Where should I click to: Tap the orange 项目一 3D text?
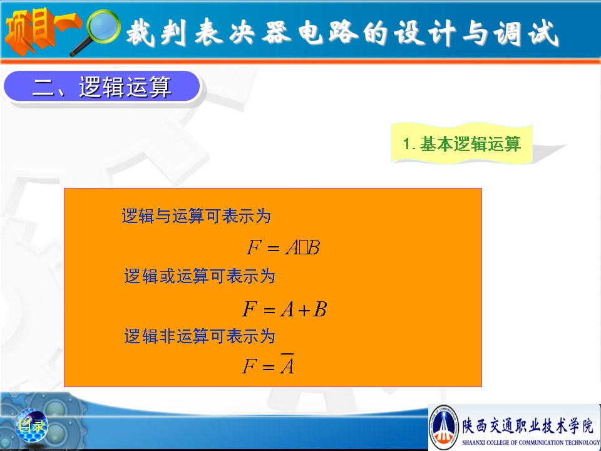click(x=42, y=30)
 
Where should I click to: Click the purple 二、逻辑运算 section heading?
click(x=102, y=86)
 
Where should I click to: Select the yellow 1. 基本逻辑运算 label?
click(x=462, y=143)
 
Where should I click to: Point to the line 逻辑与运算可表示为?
click(x=196, y=216)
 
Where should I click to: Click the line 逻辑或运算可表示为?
click(x=200, y=276)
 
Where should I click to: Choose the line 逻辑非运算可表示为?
click(x=200, y=336)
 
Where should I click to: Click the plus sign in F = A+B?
click(x=304, y=310)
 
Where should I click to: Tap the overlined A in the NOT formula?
click(x=287, y=364)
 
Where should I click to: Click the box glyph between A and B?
click(x=304, y=248)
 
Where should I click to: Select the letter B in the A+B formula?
click(x=320, y=309)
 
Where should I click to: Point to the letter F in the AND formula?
click(x=254, y=247)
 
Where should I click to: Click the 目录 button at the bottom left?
click(x=32, y=425)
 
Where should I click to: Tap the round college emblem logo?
click(x=444, y=427)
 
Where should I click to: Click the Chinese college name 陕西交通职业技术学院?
click(x=528, y=426)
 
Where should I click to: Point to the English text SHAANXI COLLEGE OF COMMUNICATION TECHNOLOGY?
click(x=531, y=442)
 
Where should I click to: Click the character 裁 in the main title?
click(x=140, y=33)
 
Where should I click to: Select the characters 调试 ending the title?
click(x=526, y=33)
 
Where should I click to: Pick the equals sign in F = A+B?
click(x=269, y=310)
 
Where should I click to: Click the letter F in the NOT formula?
click(x=250, y=366)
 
